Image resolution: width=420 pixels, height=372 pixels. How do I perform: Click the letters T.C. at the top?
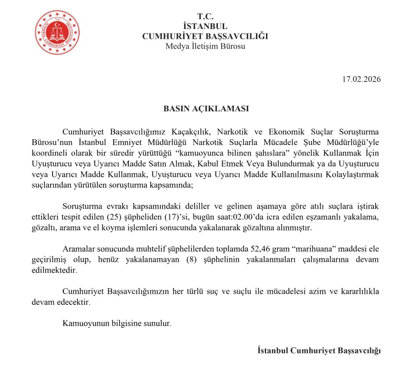click(206, 16)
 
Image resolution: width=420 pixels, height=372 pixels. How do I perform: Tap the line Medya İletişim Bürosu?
click(206, 46)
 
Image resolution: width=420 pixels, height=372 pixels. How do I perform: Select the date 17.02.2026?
click(361, 79)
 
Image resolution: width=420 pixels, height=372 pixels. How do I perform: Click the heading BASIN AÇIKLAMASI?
click(206, 108)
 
